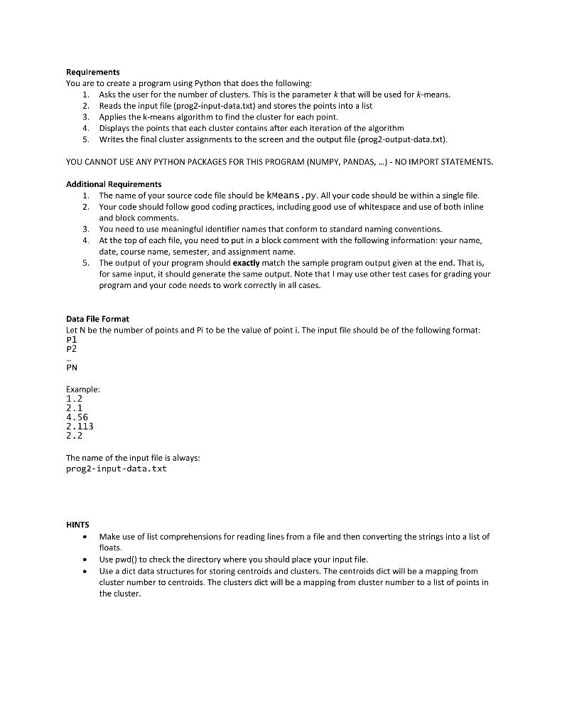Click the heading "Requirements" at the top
[x=92, y=72]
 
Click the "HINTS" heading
[x=77, y=526]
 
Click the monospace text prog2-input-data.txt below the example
[x=116, y=469]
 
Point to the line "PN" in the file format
[x=71, y=368]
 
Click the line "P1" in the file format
[x=71, y=341]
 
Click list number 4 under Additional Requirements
[x=85, y=240]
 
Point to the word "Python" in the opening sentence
[x=185, y=83]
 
